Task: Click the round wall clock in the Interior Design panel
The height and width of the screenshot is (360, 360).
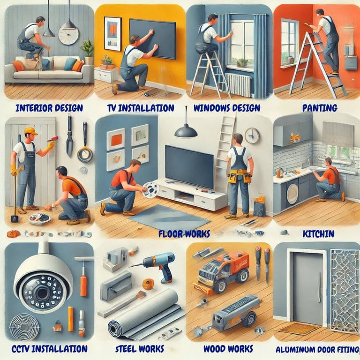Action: pos(68,36)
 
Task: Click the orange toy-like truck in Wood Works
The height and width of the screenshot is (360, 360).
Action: pos(221,271)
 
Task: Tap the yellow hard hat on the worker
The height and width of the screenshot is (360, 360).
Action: pos(30,131)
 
